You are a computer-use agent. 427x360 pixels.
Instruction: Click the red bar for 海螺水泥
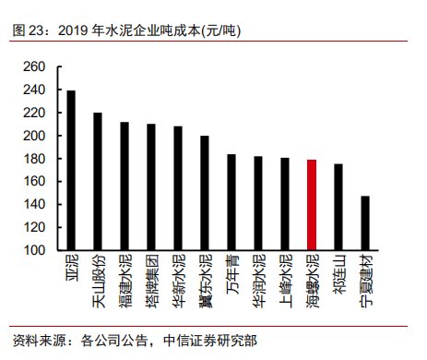[312, 205]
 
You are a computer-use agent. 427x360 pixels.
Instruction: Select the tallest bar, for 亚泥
[71, 171]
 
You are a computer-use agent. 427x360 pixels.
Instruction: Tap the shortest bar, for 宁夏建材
[365, 223]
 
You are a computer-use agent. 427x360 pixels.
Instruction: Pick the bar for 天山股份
[98, 182]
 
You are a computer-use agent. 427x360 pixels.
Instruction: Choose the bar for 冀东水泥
[205, 193]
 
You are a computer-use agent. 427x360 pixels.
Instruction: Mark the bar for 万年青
[231, 202]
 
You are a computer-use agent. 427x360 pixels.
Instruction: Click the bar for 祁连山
[338, 207]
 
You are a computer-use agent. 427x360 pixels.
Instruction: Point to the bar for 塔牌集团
[151, 187]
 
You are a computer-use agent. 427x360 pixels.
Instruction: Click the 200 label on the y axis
[34, 136]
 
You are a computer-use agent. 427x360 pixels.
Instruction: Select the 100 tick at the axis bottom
[34, 250]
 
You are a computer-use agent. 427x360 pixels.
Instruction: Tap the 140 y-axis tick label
[34, 204]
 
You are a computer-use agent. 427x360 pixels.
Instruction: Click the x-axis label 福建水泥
[125, 281]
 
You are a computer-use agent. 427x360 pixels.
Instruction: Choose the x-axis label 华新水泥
[179, 281]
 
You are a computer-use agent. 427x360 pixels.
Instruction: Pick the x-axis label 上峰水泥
[286, 281]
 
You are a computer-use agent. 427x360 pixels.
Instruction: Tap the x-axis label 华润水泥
[259, 281]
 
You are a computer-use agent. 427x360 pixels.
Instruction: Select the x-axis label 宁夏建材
[366, 281]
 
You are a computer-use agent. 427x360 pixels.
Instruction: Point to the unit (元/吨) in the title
[220, 30]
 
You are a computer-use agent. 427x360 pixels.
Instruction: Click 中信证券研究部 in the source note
[210, 341]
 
